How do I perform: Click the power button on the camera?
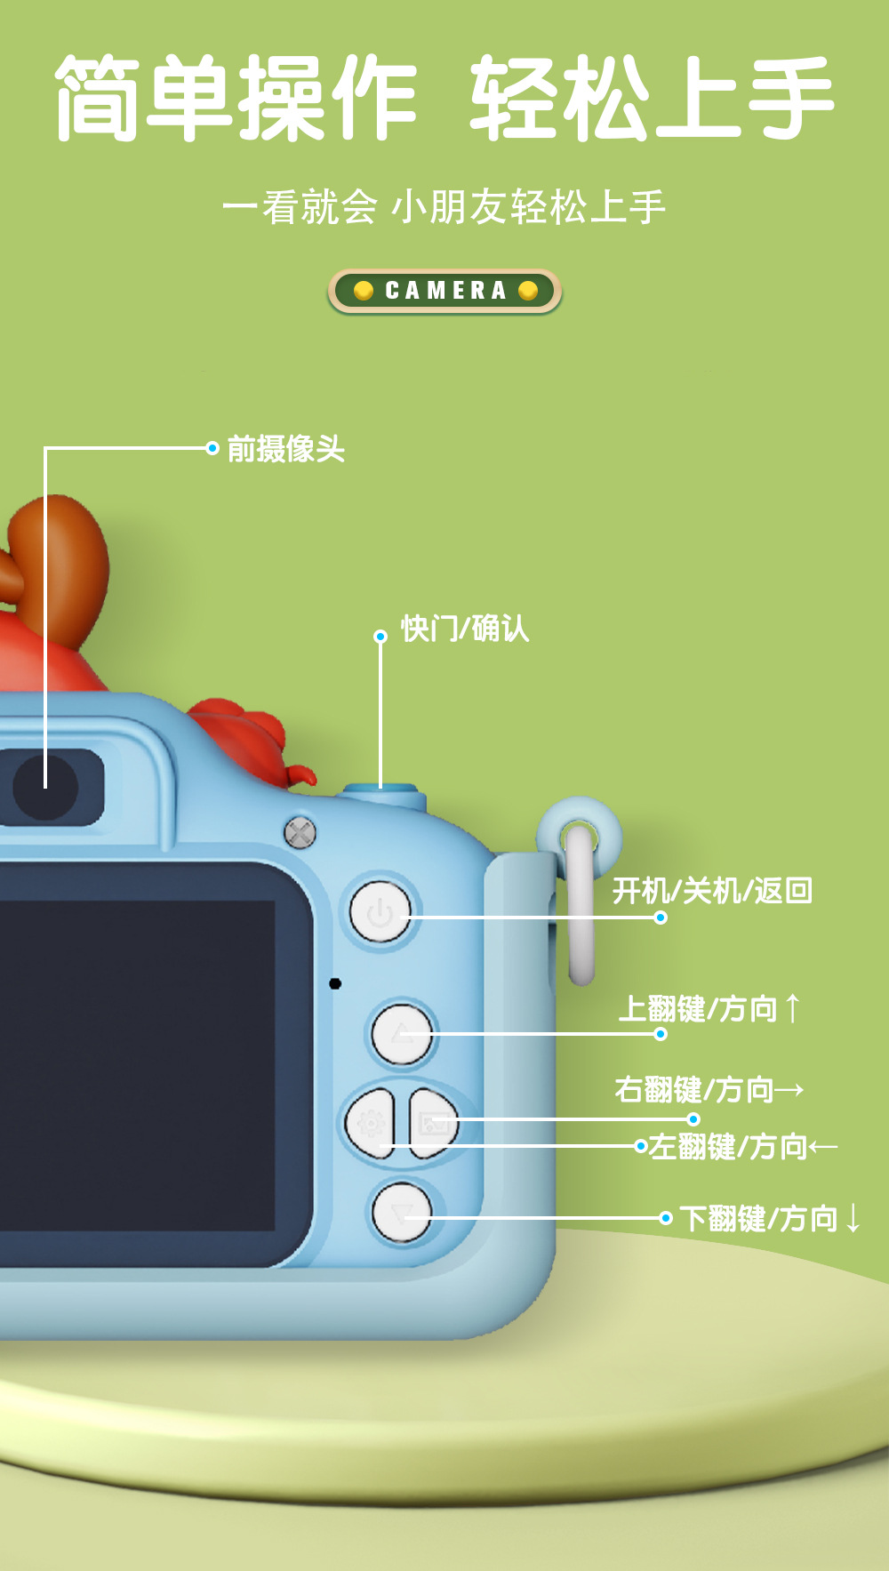coord(380,912)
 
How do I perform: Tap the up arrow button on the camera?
coord(402,1034)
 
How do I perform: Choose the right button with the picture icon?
coord(434,1124)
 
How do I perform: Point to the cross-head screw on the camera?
coord(300,833)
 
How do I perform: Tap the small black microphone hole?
coord(335,983)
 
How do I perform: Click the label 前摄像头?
coord(285,449)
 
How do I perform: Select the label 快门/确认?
coord(464,629)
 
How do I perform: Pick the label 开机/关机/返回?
coord(712,890)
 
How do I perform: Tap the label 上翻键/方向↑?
coord(709,1009)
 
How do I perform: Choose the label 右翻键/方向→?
coord(709,1089)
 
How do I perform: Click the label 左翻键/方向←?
coord(742,1147)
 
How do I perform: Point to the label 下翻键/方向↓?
coord(770,1218)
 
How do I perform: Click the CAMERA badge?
coord(445,291)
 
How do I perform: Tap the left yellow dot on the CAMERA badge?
coord(363,291)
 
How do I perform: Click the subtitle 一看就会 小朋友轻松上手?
coord(444,207)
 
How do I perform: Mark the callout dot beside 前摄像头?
coord(212,448)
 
